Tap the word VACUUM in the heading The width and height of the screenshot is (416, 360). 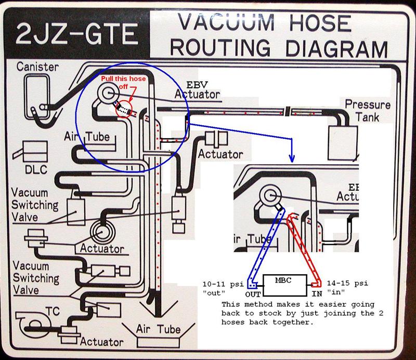pyautogui.click(x=225, y=23)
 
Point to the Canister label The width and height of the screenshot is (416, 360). pyautogui.click(x=37, y=67)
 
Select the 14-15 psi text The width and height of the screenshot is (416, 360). pyautogui.click(x=348, y=284)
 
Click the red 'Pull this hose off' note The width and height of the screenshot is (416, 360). pyautogui.click(x=124, y=82)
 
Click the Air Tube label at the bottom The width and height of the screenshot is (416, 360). pyautogui.click(x=158, y=329)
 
